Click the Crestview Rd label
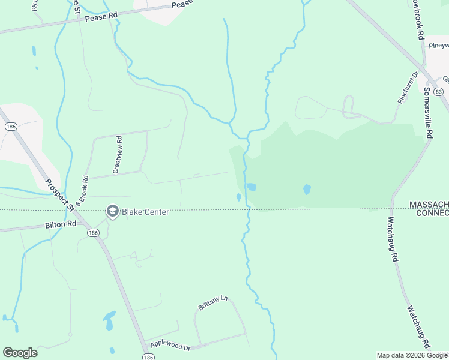[x=118, y=154]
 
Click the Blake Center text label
[x=145, y=212]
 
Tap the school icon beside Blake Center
[x=112, y=211]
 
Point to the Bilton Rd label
[x=61, y=224]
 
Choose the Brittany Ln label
[x=213, y=302]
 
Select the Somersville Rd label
[x=427, y=113]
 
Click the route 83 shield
[x=439, y=91]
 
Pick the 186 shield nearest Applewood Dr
[x=148, y=356]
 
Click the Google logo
[x=20, y=353]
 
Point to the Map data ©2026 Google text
[x=412, y=355]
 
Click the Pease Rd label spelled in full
[x=100, y=16]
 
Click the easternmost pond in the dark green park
[x=307, y=190]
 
